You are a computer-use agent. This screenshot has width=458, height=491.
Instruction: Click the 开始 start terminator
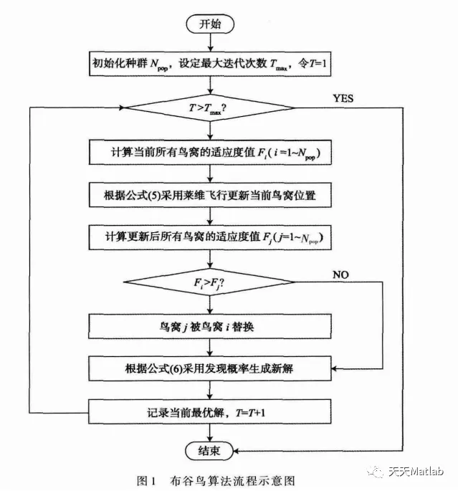pyautogui.click(x=210, y=24)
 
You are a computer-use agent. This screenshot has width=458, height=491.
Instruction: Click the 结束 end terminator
pyautogui.click(x=209, y=451)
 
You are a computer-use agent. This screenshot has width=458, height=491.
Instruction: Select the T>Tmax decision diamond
pyautogui.click(x=209, y=108)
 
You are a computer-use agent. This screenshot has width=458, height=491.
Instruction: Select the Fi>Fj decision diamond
pyautogui.click(x=209, y=282)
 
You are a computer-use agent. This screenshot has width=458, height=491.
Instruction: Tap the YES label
pyautogui.click(x=343, y=98)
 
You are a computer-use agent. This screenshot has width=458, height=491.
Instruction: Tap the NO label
pyautogui.click(x=340, y=275)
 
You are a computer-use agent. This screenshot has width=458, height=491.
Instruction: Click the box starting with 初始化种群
pyautogui.click(x=210, y=64)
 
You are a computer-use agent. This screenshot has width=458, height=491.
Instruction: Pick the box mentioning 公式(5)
pyautogui.click(x=210, y=195)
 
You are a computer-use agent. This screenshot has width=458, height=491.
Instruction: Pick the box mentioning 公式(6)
pyautogui.click(x=210, y=368)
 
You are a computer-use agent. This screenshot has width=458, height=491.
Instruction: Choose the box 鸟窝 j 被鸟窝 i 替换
pyautogui.click(x=210, y=326)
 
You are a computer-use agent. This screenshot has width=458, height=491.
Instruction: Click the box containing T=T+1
pyautogui.click(x=210, y=411)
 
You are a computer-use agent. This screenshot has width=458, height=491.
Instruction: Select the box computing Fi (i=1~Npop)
pyautogui.click(x=210, y=153)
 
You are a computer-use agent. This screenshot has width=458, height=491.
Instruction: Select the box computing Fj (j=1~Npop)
pyautogui.click(x=210, y=237)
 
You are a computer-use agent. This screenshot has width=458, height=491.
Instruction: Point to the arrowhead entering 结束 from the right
pyautogui.click(x=237, y=451)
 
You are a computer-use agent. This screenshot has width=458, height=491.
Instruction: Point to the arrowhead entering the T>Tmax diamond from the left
pyautogui.click(x=121, y=108)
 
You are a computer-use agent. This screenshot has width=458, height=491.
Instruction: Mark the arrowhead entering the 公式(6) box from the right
pyautogui.click(x=334, y=368)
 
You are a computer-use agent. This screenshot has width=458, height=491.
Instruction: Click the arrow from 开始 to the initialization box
pyautogui.click(x=211, y=42)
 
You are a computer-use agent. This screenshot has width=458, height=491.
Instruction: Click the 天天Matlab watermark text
pyautogui.click(x=416, y=471)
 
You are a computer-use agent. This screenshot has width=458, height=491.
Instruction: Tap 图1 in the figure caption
pyautogui.click(x=146, y=481)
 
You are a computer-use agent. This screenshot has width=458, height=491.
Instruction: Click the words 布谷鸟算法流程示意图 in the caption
pyautogui.click(x=232, y=481)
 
